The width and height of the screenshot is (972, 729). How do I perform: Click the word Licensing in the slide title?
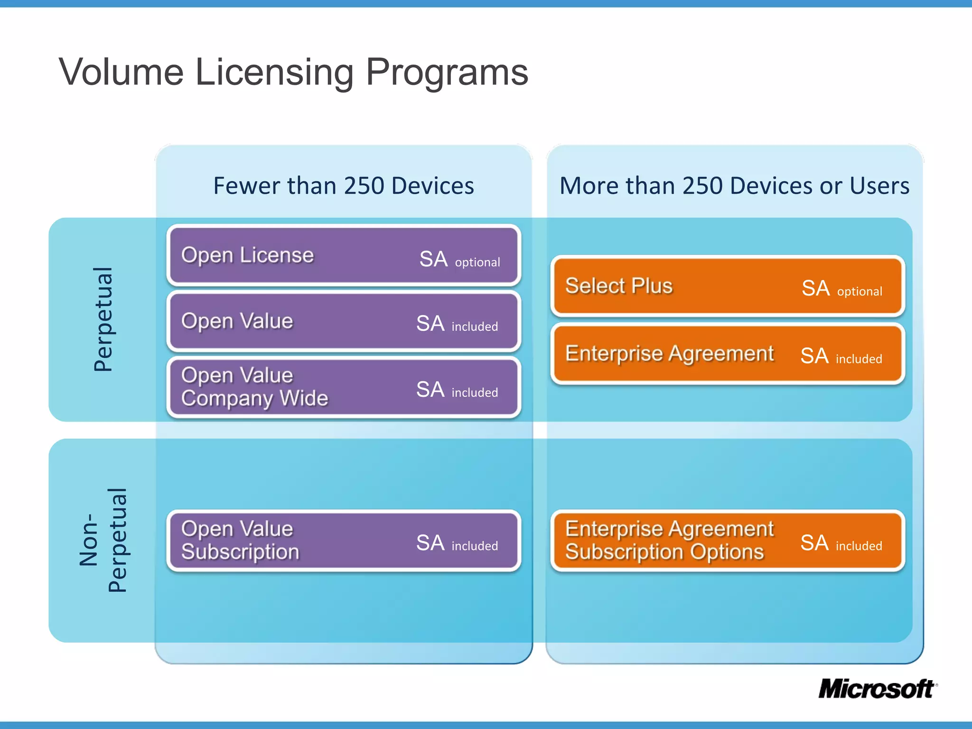click(x=274, y=72)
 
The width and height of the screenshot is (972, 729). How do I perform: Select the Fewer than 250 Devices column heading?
click(x=344, y=186)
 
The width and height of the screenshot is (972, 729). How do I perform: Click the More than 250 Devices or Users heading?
click(x=734, y=186)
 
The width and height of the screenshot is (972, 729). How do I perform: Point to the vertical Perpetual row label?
click(x=103, y=319)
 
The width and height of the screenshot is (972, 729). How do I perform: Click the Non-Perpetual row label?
click(x=103, y=540)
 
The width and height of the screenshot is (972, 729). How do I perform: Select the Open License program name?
click(x=247, y=255)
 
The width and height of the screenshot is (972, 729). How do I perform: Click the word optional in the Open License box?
click(x=477, y=262)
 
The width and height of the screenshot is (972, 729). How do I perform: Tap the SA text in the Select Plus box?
click(x=815, y=288)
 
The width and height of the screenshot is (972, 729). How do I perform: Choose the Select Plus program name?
click(x=619, y=286)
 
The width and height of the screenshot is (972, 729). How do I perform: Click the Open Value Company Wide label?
click(x=254, y=387)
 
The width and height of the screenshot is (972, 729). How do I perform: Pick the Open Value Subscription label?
click(x=240, y=540)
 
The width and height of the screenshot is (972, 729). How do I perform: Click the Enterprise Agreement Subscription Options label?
click(x=669, y=540)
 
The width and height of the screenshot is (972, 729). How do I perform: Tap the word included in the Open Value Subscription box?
click(x=475, y=546)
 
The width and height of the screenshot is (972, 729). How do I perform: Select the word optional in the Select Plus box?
click(x=860, y=291)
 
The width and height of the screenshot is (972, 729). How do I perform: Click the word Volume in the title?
click(x=121, y=72)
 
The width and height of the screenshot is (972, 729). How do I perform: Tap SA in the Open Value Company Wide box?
click(x=430, y=390)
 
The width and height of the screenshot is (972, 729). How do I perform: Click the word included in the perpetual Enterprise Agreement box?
click(x=859, y=359)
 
